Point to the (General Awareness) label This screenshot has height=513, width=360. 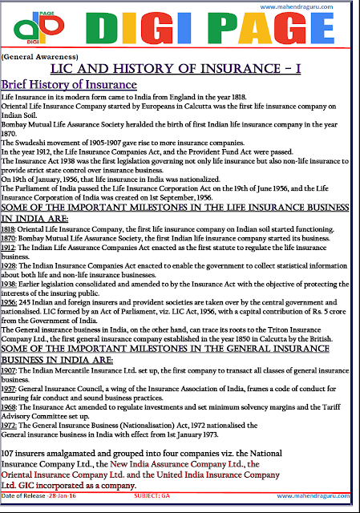tap(34, 59)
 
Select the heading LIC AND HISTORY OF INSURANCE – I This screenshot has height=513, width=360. tap(180, 71)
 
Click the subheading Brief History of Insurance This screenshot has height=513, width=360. tap(70, 85)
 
